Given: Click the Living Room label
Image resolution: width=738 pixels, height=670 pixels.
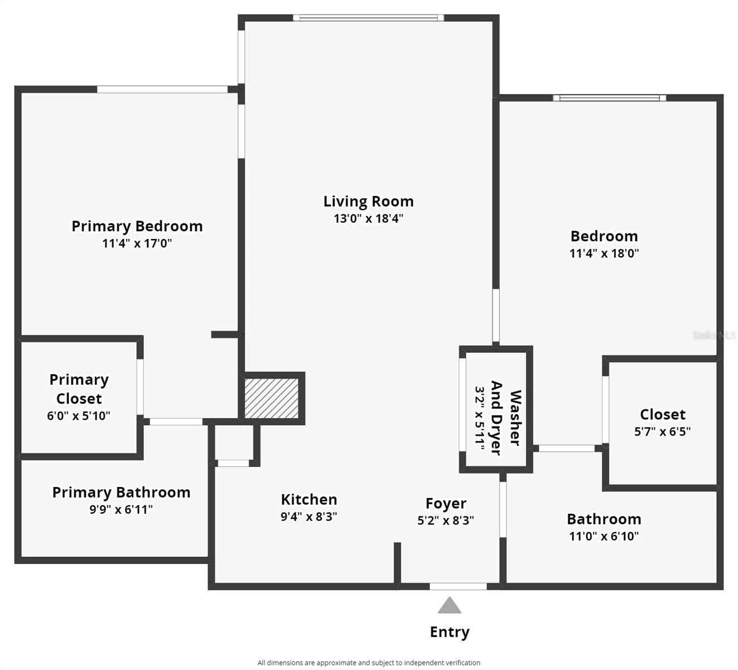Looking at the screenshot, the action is click(368, 202).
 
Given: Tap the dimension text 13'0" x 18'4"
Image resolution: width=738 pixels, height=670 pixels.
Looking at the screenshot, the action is click(368, 218).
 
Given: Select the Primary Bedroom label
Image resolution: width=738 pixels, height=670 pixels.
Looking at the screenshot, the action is click(137, 226).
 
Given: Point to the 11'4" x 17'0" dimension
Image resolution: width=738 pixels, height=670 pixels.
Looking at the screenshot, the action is click(137, 243).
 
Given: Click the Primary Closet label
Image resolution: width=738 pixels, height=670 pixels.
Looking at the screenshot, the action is click(79, 389).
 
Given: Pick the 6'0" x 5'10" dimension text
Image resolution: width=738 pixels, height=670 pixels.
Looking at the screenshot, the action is click(79, 416).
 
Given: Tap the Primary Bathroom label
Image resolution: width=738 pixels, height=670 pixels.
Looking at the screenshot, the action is click(122, 492).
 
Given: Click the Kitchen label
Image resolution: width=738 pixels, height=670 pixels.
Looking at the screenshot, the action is click(309, 500).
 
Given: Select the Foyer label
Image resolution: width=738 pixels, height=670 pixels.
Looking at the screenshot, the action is click(446, 503).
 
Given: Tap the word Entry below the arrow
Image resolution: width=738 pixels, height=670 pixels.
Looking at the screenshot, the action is click(450, 632).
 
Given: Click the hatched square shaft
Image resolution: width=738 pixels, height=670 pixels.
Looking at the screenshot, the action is click(272, 398).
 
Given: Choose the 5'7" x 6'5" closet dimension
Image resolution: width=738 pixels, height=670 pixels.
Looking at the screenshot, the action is click(662, 432).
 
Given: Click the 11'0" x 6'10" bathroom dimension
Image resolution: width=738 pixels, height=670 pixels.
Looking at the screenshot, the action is click(604, 536).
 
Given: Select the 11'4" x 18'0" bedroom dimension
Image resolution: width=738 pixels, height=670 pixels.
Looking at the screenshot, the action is click(604, 253).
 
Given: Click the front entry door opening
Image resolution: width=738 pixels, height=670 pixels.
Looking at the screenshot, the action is click(458, 586).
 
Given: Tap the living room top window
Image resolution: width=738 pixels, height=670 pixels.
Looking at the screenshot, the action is click(368, 18).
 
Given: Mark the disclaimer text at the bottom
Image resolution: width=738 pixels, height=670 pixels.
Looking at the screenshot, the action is click(369, 663).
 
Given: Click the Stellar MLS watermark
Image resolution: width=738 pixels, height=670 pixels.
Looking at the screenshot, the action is click(713, 335).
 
